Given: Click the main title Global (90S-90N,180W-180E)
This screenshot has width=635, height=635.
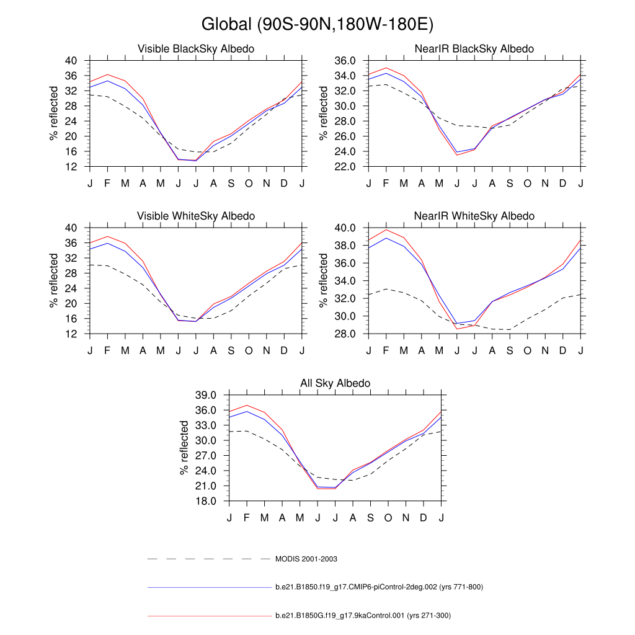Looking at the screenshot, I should point(317,24).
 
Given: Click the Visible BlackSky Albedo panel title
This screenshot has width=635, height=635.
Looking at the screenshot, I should point(196,48).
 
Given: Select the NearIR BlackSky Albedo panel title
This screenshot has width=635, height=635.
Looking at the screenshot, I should point(474,48).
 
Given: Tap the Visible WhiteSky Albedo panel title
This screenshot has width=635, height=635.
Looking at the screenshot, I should point(196,216).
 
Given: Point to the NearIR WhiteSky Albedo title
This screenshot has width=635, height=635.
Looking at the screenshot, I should point(474,216).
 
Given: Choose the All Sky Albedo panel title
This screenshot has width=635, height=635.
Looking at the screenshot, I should point(335,383).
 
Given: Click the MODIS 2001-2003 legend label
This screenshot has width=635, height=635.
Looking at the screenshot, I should point(306,559).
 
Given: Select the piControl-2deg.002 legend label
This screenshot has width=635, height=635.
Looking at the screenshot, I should point(378,587).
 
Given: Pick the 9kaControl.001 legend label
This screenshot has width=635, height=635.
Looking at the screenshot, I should point(363,616).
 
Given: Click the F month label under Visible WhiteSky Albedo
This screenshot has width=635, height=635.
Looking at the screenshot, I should point(107,350).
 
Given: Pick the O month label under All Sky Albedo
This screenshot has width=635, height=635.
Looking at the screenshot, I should point(388,518).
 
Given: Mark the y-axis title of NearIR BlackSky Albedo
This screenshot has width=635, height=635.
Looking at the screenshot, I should point(324,113).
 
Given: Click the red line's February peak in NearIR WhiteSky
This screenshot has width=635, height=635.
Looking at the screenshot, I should point(386,230).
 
